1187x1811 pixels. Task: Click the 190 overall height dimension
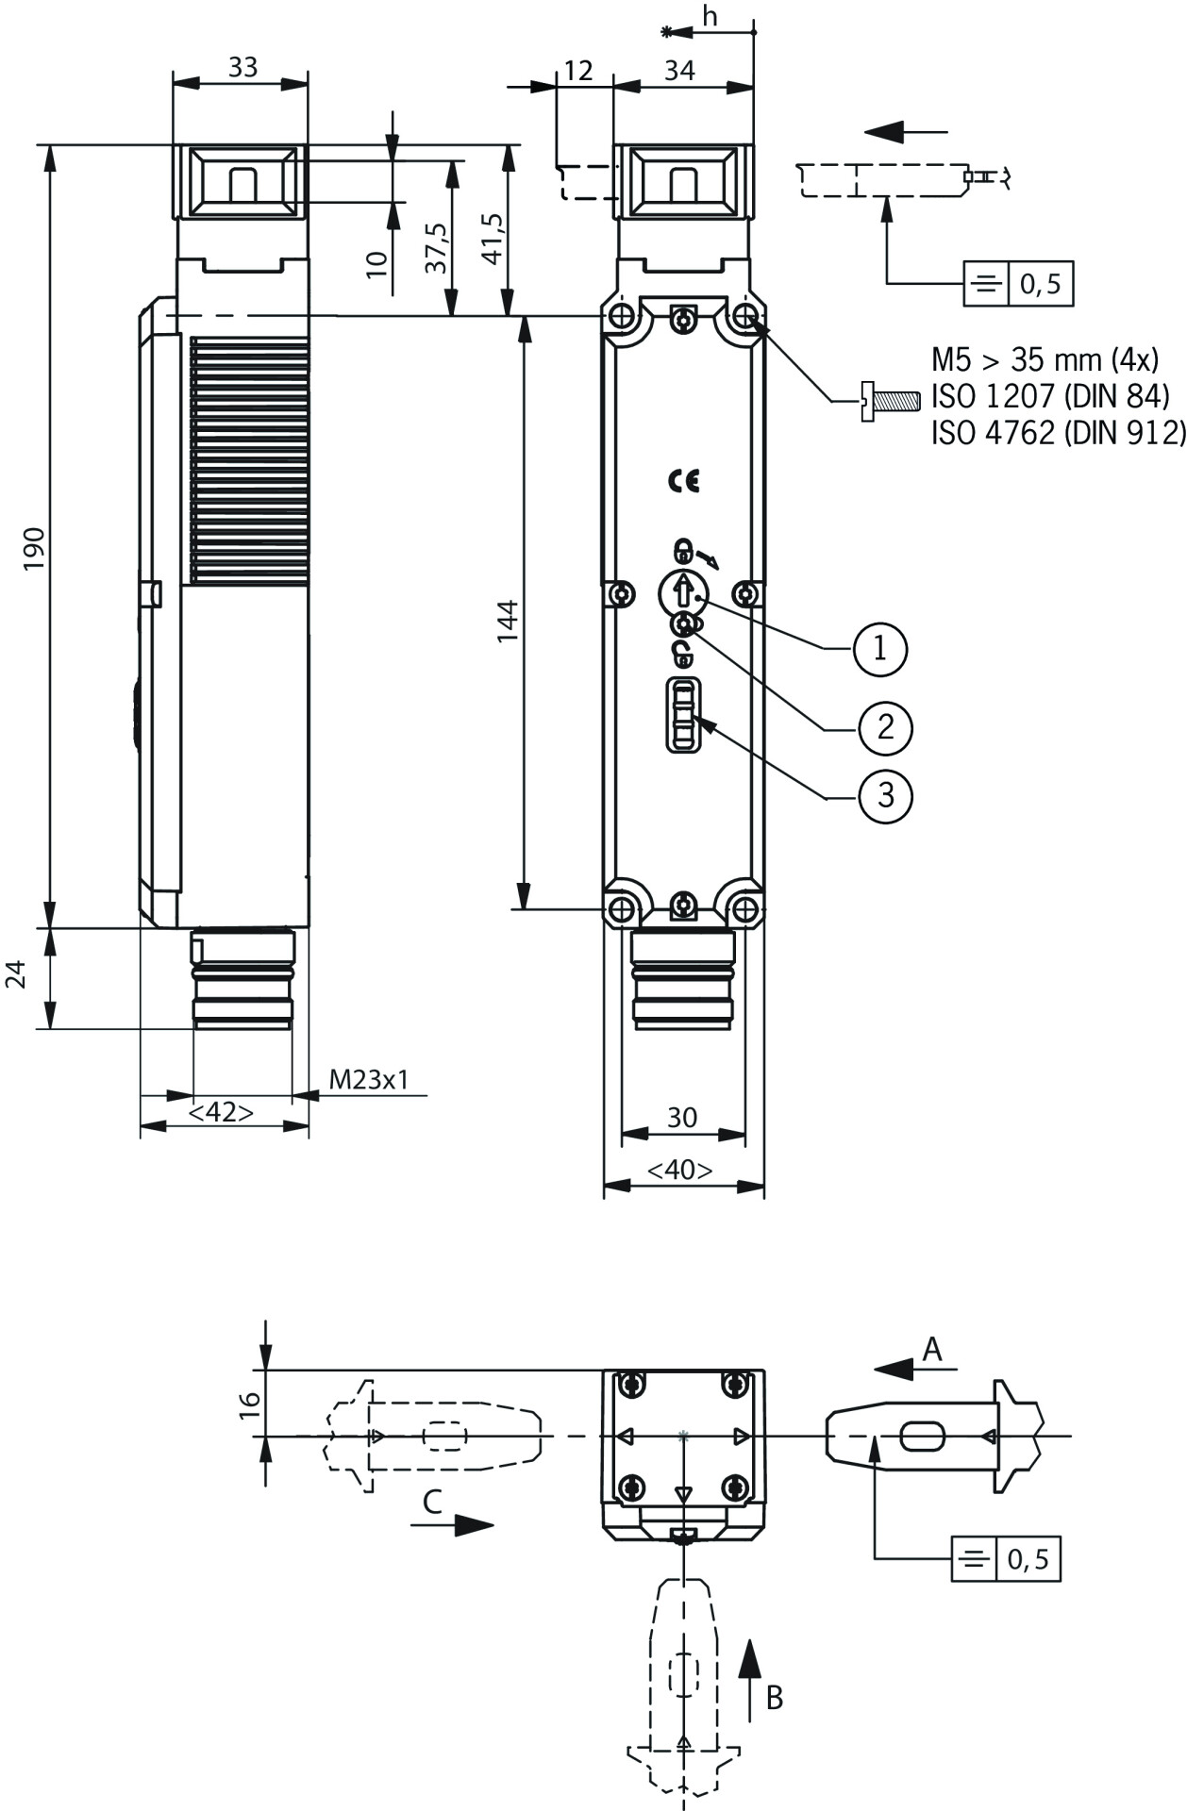[34, 548]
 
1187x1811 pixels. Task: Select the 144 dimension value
[509, 620]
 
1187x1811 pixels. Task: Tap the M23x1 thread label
[369, 1079]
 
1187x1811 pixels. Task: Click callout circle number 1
[880, 648]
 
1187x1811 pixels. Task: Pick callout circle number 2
[885, 727]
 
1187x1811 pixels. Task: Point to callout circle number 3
[885, 795]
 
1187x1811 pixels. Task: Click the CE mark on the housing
[684, 481]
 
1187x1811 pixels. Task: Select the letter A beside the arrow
[931, 1350]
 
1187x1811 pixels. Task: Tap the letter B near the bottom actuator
[774, 1698]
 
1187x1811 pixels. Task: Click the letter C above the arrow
[432, 1501]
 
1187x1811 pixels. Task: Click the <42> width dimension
[221, 1113]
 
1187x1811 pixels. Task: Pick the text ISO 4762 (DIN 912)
[1058, 432]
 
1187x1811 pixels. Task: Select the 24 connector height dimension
[16, 974]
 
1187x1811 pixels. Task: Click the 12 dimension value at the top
[578, 70]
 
